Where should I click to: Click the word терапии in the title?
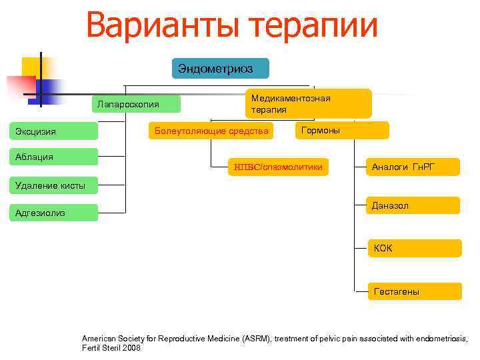(x=313, y=27)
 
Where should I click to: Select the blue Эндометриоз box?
(x=220, y=69)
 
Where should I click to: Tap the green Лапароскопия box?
(x=136, y=104)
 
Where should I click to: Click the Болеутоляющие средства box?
(x=211, y=131)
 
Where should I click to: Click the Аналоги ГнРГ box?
(x=413, y=167)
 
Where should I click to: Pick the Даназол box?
(x=413, y=206)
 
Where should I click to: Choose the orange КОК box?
(x=413, y=248)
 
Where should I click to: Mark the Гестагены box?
(x=413, y=291)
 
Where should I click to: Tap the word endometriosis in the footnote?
(x=443, y=338)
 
